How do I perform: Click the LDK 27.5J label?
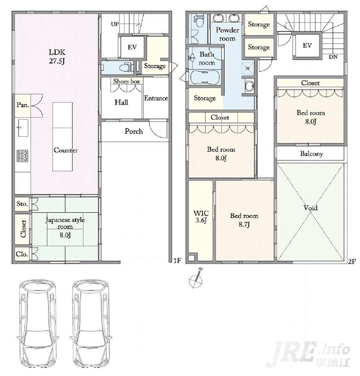click(57, 57)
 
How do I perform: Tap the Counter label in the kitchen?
click(65, 150)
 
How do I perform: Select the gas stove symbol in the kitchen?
click(23, 156)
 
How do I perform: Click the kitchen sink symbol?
click(23, 128)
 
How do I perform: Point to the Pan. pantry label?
click(23, 105)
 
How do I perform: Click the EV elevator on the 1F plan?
click(132, 47)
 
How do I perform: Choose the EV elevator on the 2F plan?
click(307, 46)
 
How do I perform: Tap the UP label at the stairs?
click(114, 24)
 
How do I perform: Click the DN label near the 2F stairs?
click(333, 57)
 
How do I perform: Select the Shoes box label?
click(126, 81)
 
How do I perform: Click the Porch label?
click(133, 131)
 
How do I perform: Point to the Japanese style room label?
click(65, 223)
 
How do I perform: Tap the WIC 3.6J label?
click(201, 216)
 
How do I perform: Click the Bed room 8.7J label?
click(244, 220)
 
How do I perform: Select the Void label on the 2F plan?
click(310, 208)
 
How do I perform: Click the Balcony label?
click(311, 154)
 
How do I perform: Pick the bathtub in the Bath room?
click(205, 78)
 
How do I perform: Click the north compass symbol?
click(196, 278)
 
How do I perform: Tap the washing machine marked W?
click(247, 68)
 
